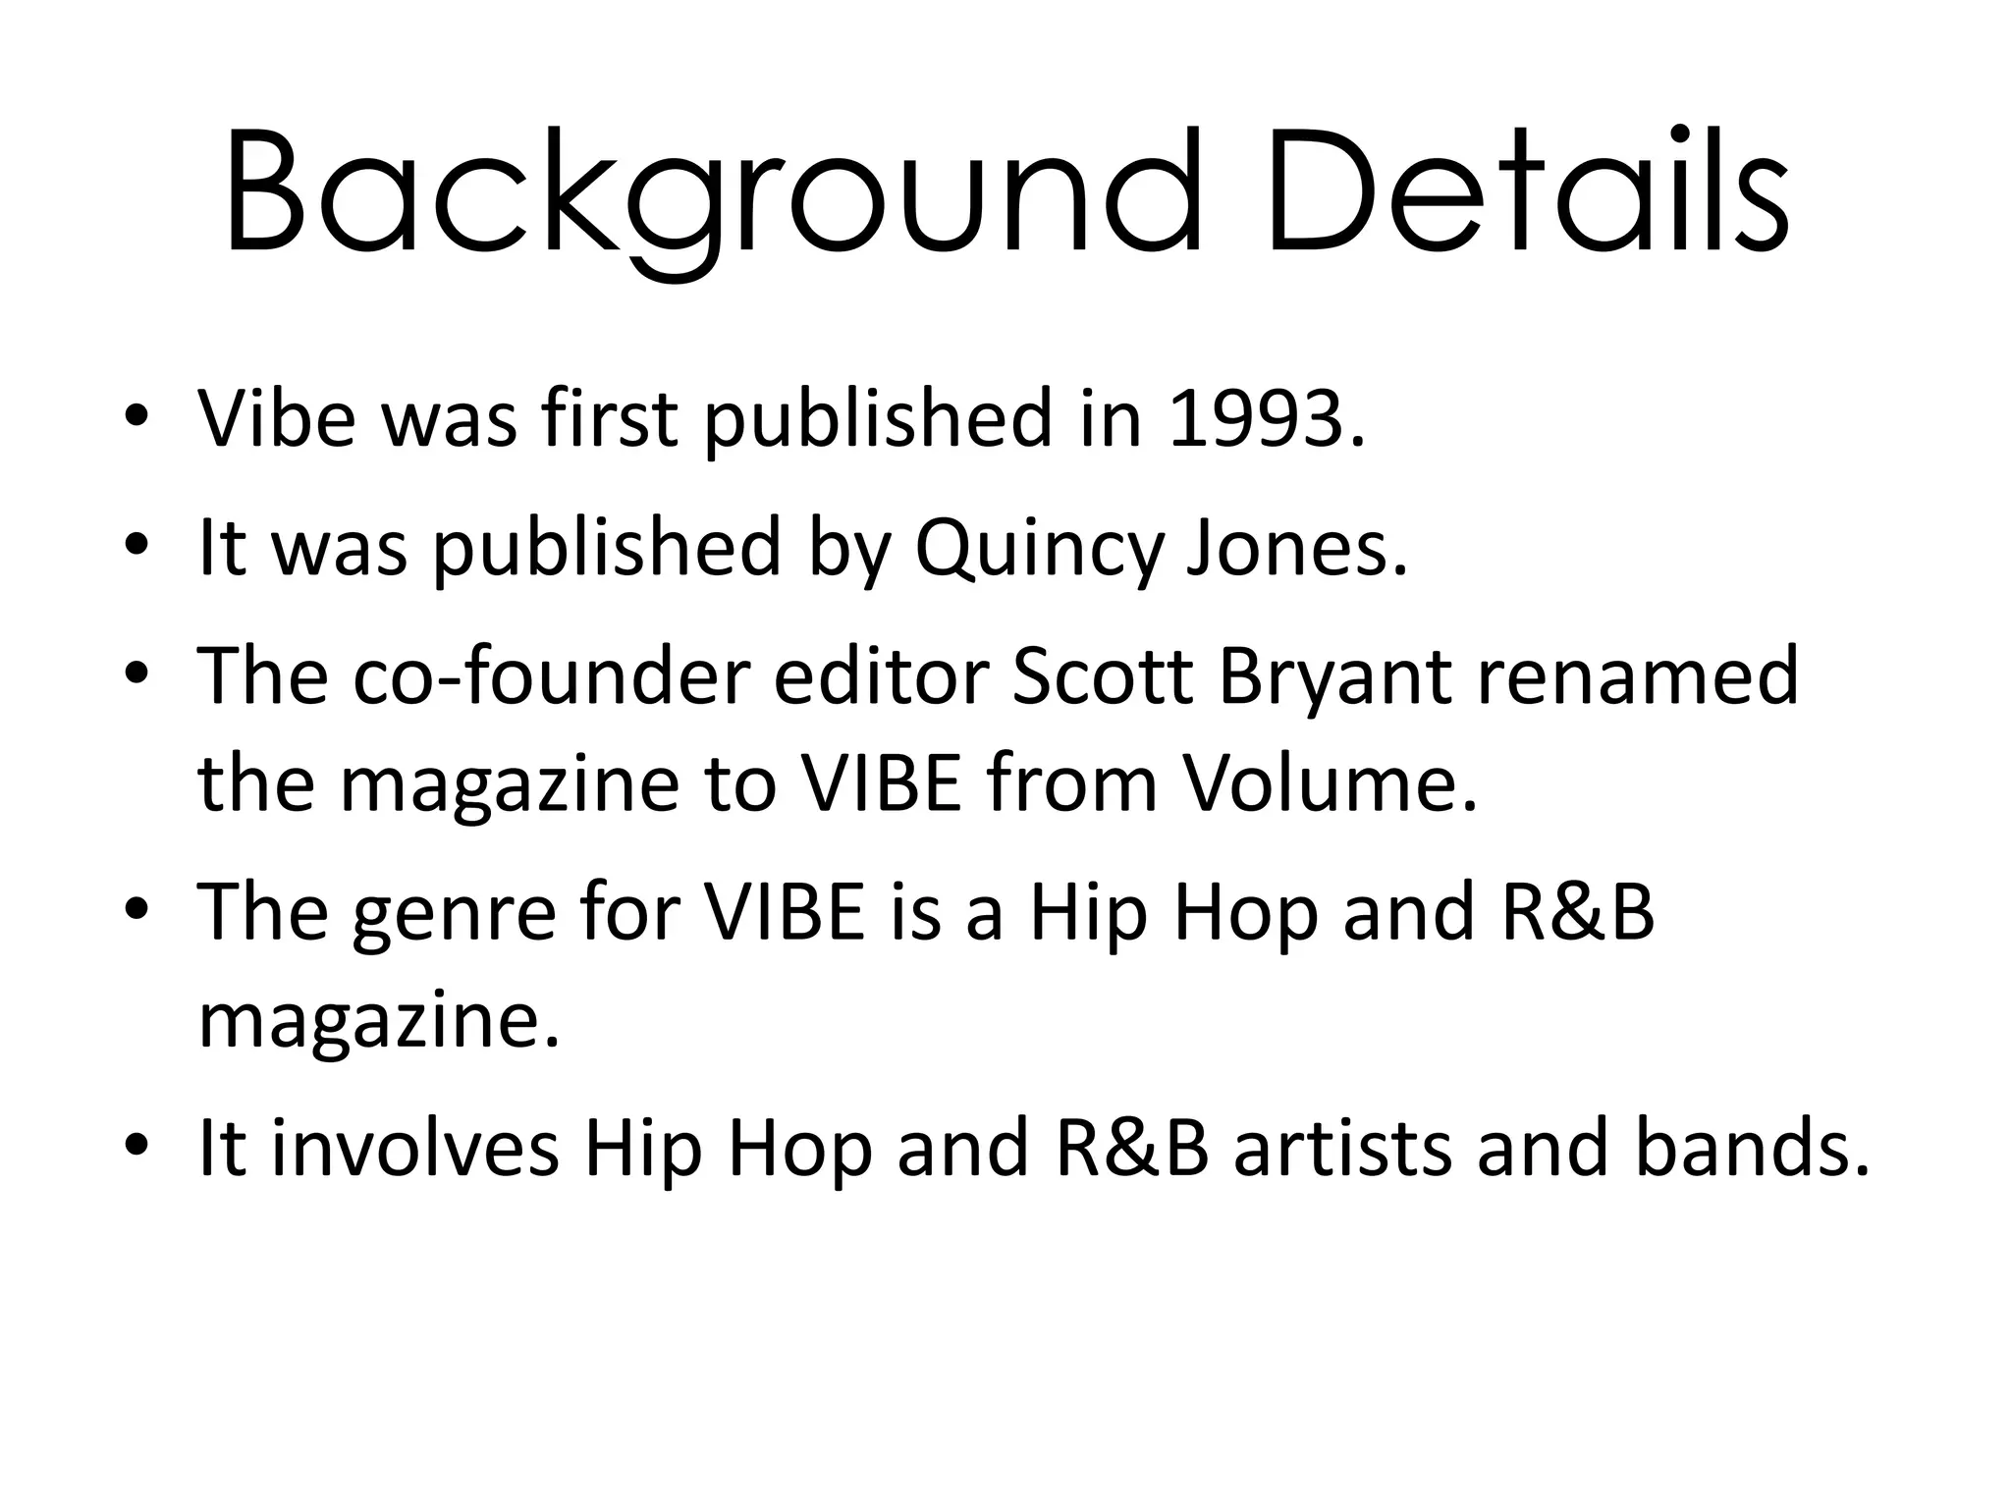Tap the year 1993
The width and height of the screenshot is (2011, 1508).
pos(1266,419)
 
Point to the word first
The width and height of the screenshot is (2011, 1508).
pos(609,419)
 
